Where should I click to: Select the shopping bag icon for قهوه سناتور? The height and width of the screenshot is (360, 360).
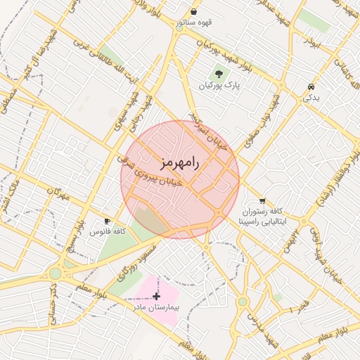pos(193,12)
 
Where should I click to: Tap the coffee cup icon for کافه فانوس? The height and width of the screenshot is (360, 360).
pos(108,221)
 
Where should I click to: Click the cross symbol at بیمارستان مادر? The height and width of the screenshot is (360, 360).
pos(156,297)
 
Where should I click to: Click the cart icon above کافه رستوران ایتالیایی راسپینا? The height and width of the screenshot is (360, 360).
pos(262,200)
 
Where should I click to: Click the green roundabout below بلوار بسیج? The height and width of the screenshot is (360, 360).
pos(55,273)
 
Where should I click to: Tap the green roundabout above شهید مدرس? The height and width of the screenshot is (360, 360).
pos(243,302)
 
